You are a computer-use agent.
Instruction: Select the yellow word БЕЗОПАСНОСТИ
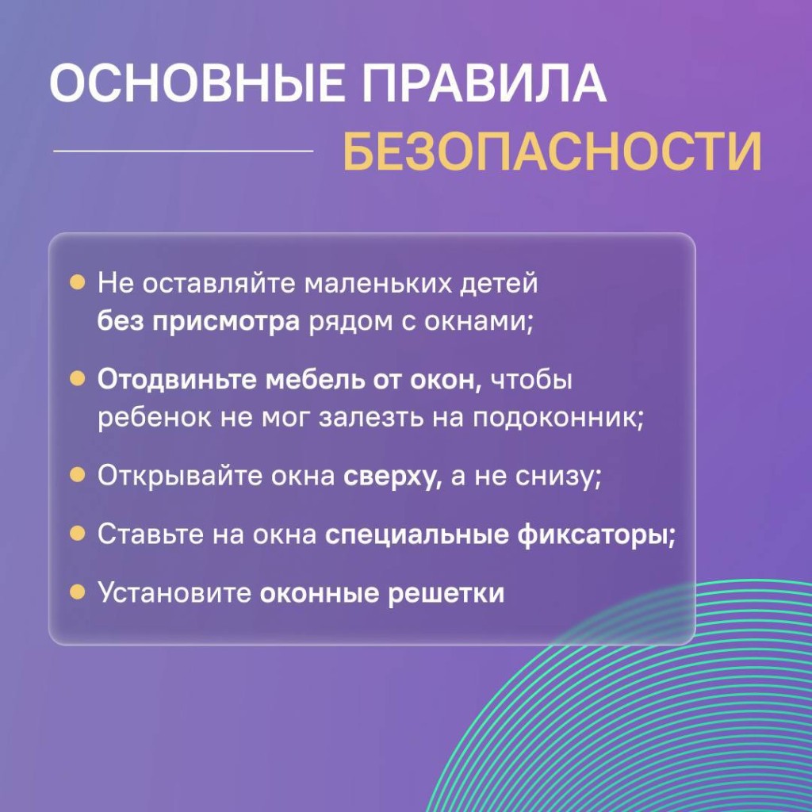(552, 151)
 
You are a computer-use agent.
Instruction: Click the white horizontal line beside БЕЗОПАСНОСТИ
(183, 151)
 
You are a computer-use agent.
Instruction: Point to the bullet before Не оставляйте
(77, 283)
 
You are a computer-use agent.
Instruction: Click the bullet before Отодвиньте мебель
(77, 379)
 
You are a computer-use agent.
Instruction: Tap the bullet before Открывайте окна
(77, 475)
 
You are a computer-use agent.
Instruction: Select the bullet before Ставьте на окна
(77, 534)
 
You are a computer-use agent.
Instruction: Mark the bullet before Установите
(77, 592)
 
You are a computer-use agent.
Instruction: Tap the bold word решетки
(446, 593)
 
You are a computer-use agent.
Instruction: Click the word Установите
(174, 593)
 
